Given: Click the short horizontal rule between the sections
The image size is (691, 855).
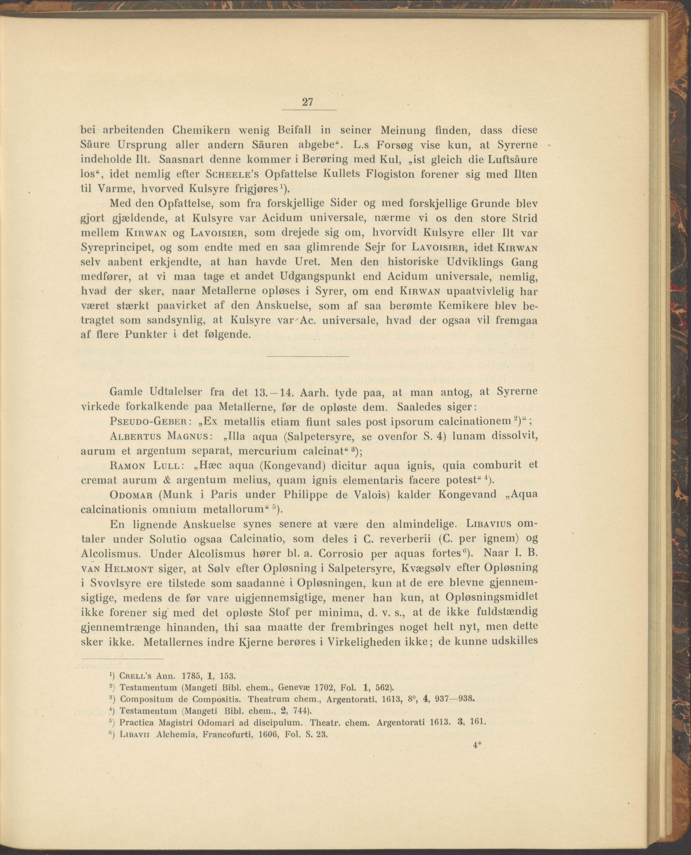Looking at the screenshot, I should point(308,355).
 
